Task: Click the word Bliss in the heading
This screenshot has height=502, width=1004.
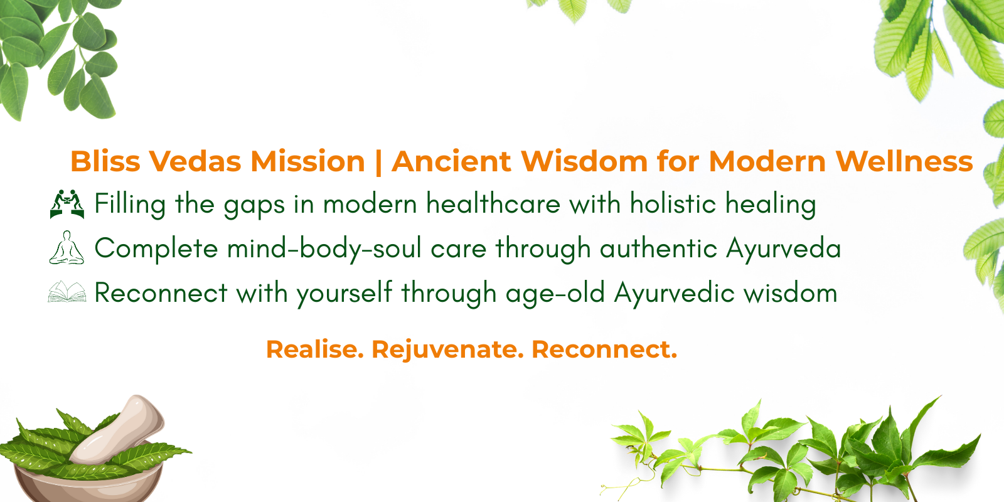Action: click(x=105, y=161)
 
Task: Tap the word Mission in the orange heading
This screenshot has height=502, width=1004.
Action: click(x=307, y=161)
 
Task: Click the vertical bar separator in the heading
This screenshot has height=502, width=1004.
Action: click(x=378, y=163)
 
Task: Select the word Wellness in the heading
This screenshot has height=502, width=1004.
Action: click(x=904, y=161)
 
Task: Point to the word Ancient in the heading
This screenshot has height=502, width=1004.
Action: click(x=451, y=161)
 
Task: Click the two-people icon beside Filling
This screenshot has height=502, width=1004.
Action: click(x=67, y=204)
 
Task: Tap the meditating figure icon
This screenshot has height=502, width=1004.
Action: click(x=67, y=247)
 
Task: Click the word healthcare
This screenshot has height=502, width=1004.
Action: click(x=493, y=203)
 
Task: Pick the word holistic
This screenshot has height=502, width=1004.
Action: click(x=673, y=203)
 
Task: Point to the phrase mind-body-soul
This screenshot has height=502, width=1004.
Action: click(x=324, y=248)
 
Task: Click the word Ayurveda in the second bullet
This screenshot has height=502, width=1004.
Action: click(x=784, y=248)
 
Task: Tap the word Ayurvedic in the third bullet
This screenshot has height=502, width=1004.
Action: click(x=674, y=294)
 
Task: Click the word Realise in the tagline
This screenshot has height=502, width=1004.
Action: click(x=314, y=349)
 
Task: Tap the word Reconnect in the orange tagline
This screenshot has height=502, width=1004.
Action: click(x=604, y=349)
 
